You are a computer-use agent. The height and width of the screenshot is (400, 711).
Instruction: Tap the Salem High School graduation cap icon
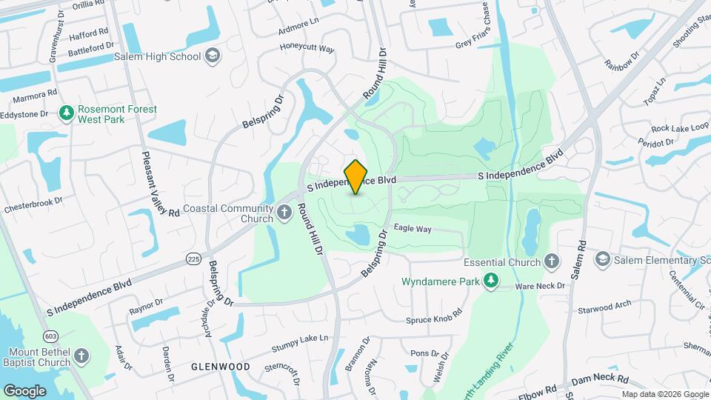point(213,56)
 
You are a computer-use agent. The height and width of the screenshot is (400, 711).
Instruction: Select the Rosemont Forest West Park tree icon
point(67,113)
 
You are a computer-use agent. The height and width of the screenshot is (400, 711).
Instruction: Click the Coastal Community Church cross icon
point(284,214)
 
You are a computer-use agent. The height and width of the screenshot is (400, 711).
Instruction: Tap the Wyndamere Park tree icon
point(490,281)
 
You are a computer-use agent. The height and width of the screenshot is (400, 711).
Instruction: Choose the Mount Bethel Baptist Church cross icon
point(81,356)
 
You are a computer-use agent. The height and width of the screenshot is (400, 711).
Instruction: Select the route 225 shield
point(194,259)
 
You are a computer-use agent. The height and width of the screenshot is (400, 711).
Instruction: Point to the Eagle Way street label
point(413,229)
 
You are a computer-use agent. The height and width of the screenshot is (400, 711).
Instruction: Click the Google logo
point(24,390)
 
